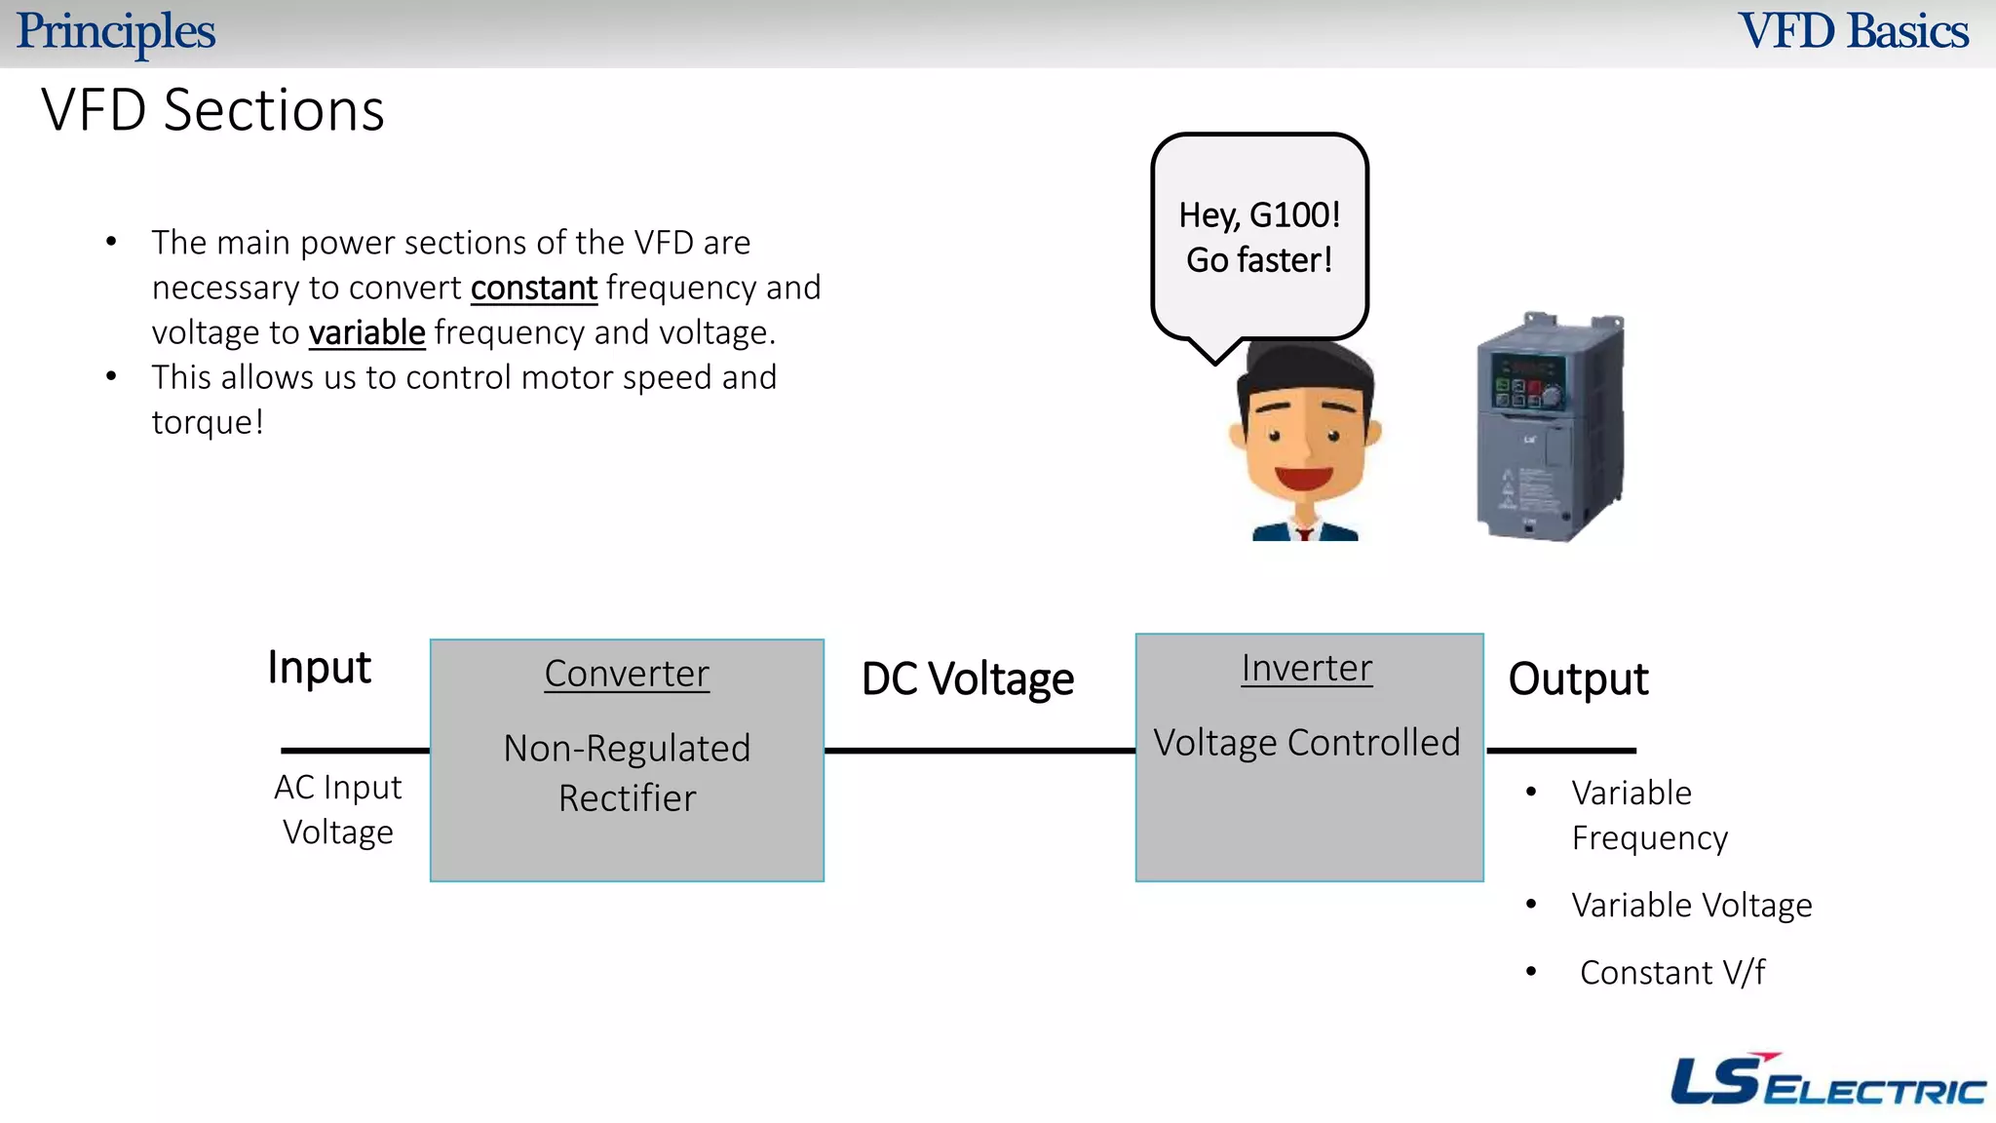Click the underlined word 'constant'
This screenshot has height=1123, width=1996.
(x=533, y=289)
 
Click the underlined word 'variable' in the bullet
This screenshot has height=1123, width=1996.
(x=366, y=333)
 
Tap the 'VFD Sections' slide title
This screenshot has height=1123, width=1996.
(x=212, y=110)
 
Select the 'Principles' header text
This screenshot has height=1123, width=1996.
(x=115, y=31)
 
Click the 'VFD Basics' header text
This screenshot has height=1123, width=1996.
(x=1853, y=31)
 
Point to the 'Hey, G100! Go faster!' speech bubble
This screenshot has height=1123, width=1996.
(x=1259, y=237)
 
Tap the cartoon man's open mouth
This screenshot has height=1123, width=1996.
(x=1303, y=479)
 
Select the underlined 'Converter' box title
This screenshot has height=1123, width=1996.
(x=627, y=674)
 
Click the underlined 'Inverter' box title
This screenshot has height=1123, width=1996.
(x=1306, y=669)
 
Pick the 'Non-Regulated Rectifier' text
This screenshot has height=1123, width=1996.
(x=627, y=773)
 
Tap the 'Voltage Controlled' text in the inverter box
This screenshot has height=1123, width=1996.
(x=1306, y=743)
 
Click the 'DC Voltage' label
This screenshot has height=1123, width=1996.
(x=967, y=679)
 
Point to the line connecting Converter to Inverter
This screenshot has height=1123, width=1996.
(x=979, y=751)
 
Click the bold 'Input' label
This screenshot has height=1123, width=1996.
(x=319, y=669)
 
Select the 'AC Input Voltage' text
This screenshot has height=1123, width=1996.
(x=337, y=809)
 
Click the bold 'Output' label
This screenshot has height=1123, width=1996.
(x=1578, y=679)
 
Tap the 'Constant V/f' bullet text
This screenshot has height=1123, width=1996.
(x=1671, y=973)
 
